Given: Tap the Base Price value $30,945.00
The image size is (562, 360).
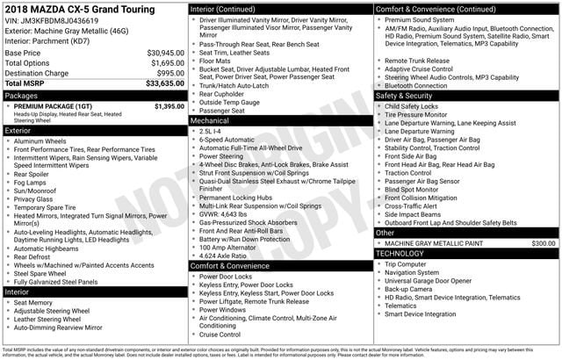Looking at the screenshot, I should (165, 53).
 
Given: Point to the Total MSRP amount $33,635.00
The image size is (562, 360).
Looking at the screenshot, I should (164, 84).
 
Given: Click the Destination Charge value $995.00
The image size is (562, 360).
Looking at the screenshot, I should (168, 74).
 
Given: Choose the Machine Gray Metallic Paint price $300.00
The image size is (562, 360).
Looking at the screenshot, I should (543, 243).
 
